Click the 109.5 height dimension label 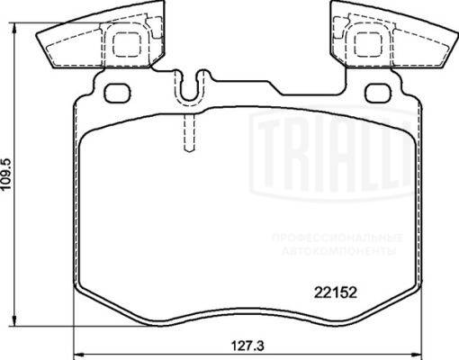[6, 174]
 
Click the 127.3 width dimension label [247, 346]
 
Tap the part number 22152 [336, 292]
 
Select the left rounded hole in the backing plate [117, 92]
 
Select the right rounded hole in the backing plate [379, 92]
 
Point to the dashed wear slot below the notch [189, 133]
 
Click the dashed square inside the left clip [126, 45]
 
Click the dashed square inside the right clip [368, 45]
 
